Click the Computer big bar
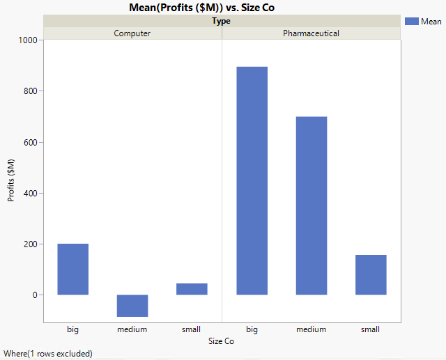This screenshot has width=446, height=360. tap(72, 269)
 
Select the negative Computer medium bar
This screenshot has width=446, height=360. tap(132, 306)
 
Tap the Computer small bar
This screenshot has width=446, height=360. tap(192, 289)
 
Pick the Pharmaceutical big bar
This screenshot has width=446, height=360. tap(252, 181)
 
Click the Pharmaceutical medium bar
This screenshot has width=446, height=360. tap(311, 206)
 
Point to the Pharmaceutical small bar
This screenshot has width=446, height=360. tap(371, 275)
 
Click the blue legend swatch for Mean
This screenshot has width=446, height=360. tap(412, 22)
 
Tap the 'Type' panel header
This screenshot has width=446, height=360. tap(222, 21)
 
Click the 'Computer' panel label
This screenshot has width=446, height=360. tap(132, 33)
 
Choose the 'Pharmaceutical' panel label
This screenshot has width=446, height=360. tap(311, 33)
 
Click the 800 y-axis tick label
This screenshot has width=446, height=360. tap(30, 91)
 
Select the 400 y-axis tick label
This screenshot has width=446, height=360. tap(30, 193)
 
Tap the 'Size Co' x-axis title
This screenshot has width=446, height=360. tap(222, 341)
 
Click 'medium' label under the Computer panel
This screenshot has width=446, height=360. tap(132, 329)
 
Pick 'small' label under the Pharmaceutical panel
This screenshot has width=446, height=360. tap(371, 329)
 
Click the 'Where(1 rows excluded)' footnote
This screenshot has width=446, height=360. tap(47, 354)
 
